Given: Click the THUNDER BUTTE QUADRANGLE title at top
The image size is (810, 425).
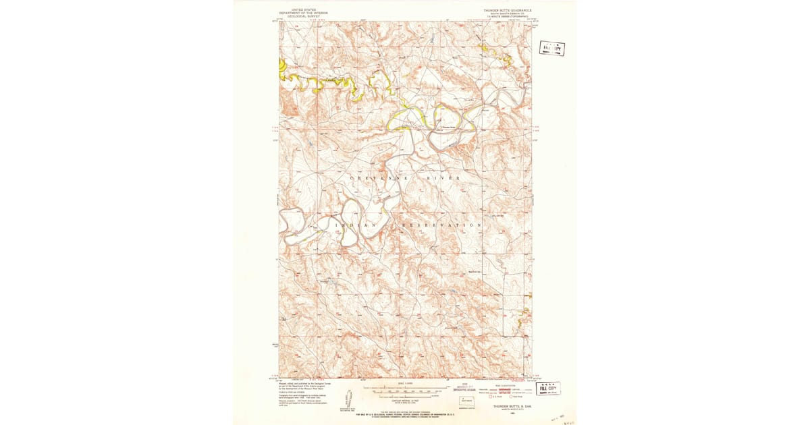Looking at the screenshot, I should [507, 11].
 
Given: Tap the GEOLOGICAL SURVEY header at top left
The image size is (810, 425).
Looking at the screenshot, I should [304, 16].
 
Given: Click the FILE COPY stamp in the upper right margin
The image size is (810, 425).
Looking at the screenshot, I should [551, 48].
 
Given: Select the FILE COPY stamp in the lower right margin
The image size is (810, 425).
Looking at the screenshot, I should [548, 389].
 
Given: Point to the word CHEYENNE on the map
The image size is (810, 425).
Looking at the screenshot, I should [373, 177].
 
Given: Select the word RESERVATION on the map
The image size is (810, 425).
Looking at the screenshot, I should [442, 225].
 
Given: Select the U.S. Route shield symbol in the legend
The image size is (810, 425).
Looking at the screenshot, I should [493, 397].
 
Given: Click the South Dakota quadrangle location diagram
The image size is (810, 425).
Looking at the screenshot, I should [466, 401].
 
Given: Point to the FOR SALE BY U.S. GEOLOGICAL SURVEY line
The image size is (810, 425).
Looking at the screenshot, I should [405, 413].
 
